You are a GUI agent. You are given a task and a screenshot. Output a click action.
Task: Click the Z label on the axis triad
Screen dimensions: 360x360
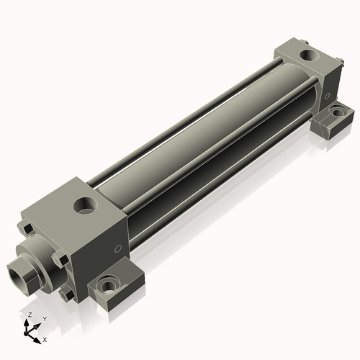(28, 315)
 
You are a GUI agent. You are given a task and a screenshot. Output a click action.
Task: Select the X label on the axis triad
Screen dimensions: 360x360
(45, 338)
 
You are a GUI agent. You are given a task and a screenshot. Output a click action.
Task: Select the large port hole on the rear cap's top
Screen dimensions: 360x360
(307, 54)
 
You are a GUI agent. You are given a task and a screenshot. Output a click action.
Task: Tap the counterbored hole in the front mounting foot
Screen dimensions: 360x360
(109, 286)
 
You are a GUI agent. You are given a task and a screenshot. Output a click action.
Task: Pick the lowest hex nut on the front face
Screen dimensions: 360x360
(66, 293)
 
